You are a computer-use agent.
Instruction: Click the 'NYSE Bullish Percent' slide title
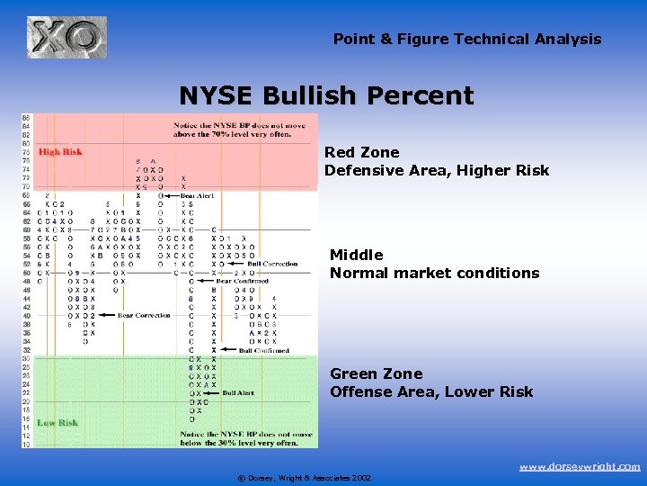tap(326, 95)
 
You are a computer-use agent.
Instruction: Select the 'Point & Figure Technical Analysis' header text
tap(467, 39)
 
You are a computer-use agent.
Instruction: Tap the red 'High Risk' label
tap(60, 152)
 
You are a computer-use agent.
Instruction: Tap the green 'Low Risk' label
tap(58, 422)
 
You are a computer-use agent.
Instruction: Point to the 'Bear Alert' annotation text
tap(198, 195)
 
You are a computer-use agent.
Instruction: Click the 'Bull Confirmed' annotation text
tap(264, 351)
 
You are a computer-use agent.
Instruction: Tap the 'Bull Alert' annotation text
tap(238, 393)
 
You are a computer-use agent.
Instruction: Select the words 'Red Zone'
tap(361, 153)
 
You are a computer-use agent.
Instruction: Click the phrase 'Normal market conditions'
tap(434, 273)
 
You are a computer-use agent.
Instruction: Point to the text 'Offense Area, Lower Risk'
tap(431, 391)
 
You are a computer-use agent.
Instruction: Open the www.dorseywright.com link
tap(580, 466)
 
